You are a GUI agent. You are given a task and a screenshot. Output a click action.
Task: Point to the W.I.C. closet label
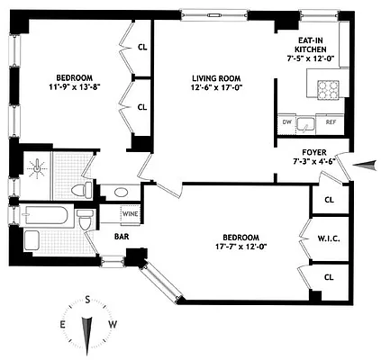pos(326,238)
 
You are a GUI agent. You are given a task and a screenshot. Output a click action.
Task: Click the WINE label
pos(130,215)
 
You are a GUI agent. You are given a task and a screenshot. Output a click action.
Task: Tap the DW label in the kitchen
pos(286,121)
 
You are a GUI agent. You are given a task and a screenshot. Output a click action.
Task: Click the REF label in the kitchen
pos(330,121)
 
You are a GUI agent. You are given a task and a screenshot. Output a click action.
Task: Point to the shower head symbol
pos(37,166)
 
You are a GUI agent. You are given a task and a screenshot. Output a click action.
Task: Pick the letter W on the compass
pos(113,324)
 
